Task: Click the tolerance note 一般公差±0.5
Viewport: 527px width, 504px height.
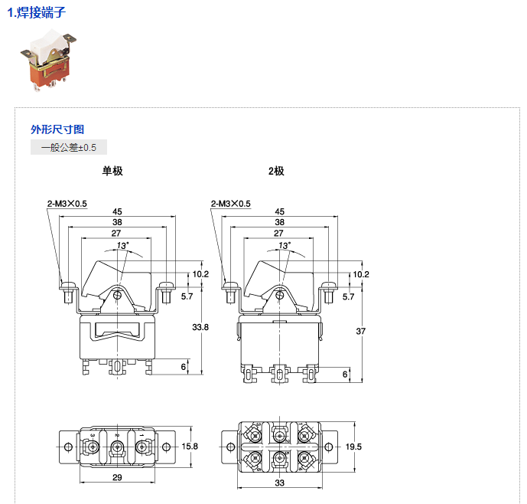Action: [69, 147]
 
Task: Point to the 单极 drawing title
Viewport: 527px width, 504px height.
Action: [112, 171]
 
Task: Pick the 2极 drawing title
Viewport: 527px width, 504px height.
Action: [276, 171]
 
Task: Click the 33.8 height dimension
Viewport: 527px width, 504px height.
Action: [200, 327]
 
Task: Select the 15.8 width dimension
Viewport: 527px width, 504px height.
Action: [191, 446]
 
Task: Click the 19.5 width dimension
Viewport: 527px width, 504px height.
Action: [353, 446]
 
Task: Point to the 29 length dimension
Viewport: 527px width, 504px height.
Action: [116, 478]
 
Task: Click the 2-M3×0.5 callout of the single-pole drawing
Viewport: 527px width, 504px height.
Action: [67, 204]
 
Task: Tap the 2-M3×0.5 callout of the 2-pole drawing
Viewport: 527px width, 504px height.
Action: [230, 204]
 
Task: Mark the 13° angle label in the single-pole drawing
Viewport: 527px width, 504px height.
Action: [122, 245]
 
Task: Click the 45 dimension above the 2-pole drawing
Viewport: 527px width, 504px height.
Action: [280, 211]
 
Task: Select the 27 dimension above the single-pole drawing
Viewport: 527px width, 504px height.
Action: [116, 233]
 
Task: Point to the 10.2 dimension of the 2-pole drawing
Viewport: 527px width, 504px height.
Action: [361, 274]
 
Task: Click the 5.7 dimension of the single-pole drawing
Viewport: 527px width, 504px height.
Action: [187, 296]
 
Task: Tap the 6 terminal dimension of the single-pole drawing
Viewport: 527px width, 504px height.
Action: [184, 367]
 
